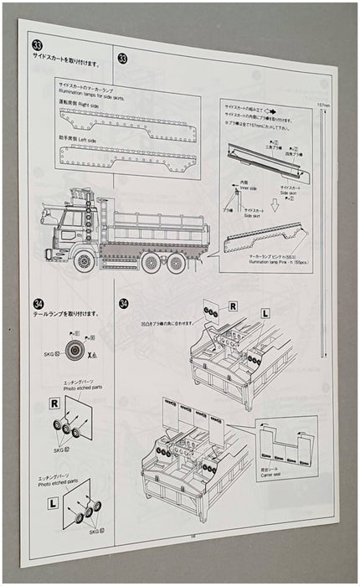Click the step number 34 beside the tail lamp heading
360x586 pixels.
point(39,302)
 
